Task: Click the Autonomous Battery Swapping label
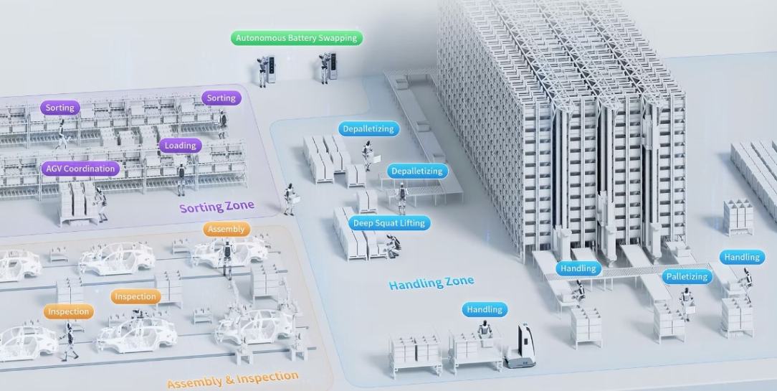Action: pos(297,38)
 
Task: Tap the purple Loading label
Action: pos(180,146)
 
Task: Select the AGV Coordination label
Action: pos(80,169)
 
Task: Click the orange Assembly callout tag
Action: pos(227,230)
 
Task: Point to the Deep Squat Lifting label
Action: pos(389,223)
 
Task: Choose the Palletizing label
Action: pos(687,276)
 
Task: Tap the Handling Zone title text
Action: pos(431,282)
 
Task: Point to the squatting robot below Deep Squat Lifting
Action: pos(392,246)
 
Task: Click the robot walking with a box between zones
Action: pos(290,198)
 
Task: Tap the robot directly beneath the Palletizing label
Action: pos(686,303)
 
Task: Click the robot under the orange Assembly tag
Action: pos(227,258)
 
